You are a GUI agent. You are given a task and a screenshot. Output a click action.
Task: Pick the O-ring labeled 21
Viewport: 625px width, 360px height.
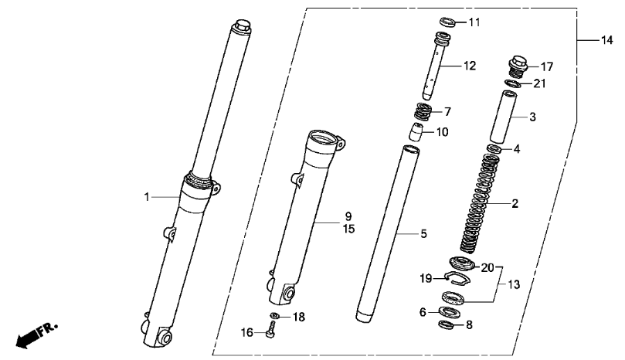click(x=515, y=83)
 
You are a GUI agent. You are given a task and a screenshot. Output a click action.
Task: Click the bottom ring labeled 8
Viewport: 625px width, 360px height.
click(x=446, y=324)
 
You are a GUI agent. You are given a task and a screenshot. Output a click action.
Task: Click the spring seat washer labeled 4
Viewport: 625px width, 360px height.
click(x=494, y=148)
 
